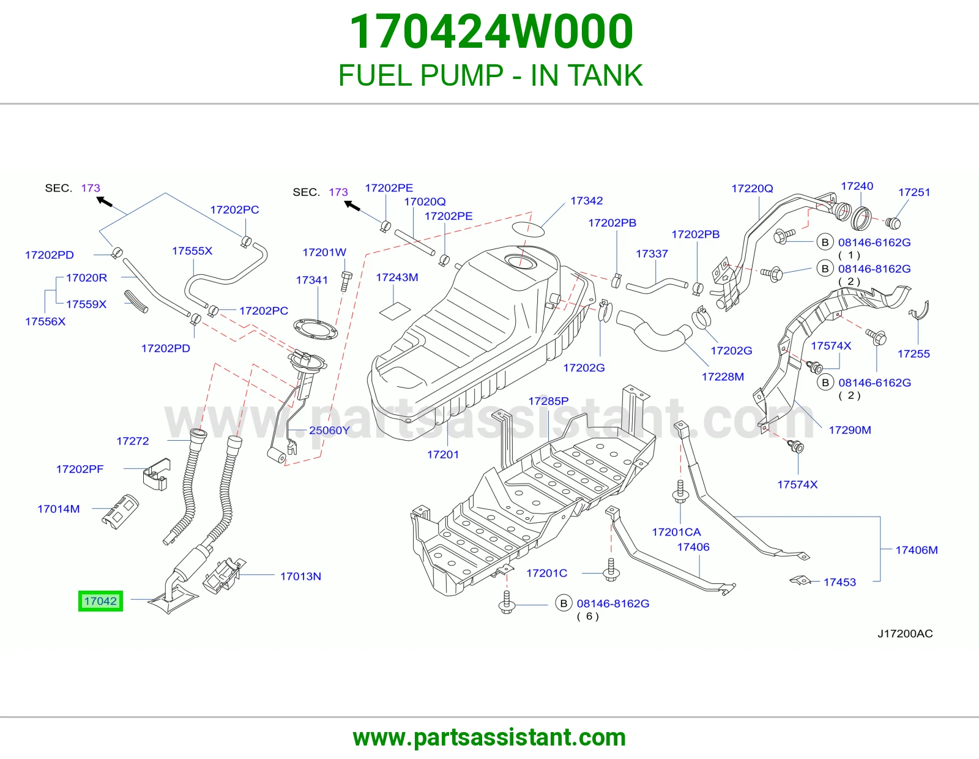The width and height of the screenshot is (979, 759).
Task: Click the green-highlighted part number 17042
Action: coord(100,601)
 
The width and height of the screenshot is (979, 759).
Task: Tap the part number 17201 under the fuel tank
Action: coord(443,454)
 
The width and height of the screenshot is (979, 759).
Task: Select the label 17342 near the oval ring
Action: coord(587,201)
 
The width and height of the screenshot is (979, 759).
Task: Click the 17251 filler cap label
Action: coord(914,192)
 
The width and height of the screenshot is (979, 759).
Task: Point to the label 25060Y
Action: coord(329,430)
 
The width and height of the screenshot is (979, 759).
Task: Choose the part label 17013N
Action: coord(300,577)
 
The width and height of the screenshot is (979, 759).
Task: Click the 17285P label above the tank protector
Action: coord(548,401)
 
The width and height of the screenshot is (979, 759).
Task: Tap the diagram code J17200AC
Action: coord(905,634)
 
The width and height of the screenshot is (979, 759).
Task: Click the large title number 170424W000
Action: coord(491,32)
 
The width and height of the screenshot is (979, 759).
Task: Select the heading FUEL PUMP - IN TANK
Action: coord(490,76)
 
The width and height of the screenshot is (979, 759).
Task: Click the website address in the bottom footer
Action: coord(489,738)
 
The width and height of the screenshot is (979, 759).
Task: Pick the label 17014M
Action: coord(59,509)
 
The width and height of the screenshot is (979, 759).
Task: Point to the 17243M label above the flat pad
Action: coord(397,277)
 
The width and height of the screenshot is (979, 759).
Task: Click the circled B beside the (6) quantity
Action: coord(563,603)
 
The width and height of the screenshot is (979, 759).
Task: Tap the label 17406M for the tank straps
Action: coord(917,550)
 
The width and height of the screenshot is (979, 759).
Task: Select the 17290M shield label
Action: coord(850,430)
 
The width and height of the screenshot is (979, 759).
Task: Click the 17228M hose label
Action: coord(723,377)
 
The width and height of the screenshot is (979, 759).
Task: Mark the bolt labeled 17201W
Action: coord(346,281)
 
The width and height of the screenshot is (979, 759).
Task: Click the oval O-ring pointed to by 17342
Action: coord(529,229)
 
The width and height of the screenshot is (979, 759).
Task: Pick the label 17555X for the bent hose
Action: coord(192,251)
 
